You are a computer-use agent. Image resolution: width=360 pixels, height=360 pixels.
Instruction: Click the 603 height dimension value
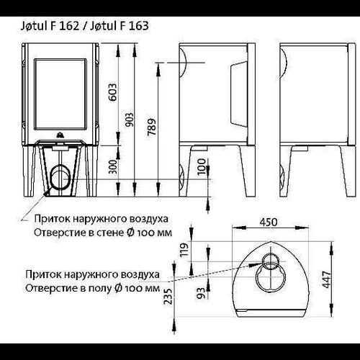tap(113, 92)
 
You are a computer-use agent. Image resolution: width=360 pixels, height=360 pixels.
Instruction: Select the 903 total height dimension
tap(130, 120)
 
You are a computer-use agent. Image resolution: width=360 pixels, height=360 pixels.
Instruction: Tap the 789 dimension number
tap(152, 127)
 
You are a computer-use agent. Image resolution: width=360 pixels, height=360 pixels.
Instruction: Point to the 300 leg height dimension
tap(112, 167)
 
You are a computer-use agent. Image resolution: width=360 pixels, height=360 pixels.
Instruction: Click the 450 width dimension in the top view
tap(269, 222)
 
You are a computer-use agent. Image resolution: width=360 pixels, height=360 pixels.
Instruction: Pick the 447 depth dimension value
tap(327, 279)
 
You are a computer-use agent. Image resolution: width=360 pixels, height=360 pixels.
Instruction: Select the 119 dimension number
tap(185, 250)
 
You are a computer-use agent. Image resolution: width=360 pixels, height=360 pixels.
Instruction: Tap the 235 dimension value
tap(168, 296)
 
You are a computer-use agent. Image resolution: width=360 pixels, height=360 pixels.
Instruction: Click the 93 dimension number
tap(201, 293)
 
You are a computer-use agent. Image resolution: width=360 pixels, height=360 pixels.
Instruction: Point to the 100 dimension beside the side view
tap(202, 166)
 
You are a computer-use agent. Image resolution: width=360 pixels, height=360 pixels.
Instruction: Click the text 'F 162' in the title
tap(65, 26)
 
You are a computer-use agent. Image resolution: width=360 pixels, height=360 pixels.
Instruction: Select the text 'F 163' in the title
tap(134, 26)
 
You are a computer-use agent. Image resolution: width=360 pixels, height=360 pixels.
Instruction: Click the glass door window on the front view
tap(60, 94)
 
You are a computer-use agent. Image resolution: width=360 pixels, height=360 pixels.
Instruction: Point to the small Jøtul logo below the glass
tap(60, 135)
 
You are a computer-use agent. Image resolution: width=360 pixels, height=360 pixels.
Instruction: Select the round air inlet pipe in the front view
tap(60, 177)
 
